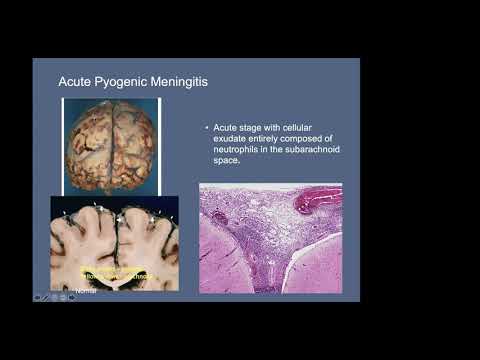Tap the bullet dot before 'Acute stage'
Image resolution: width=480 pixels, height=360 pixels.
206,129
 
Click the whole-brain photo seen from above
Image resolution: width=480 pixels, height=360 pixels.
110,144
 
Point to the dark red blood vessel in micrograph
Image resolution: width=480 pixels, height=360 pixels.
318,200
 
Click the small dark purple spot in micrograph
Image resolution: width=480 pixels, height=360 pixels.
220,216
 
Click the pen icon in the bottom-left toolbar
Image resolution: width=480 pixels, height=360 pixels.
46,296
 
